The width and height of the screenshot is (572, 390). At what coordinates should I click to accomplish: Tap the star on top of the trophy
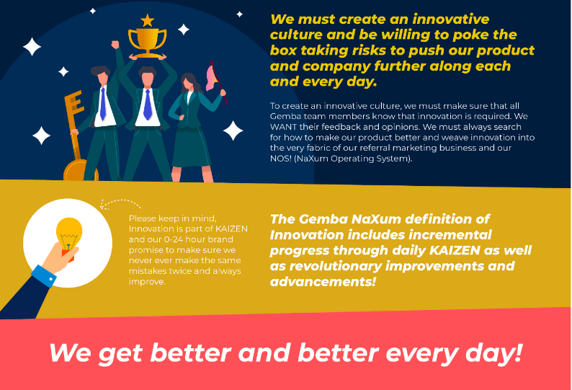(148, 20)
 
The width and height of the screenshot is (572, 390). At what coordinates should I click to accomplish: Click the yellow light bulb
(68, 234)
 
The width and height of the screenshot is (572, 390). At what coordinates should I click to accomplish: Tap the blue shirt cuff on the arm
(44, 276)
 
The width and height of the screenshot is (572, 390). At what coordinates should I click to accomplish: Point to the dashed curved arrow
(120, 204)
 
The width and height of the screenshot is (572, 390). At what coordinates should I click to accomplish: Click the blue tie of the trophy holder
(148, 105)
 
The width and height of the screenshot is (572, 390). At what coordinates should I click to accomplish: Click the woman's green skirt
(191, 147)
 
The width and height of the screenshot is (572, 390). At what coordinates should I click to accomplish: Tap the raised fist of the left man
(115, 45)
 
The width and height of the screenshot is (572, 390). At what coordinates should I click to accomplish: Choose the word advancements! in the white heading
(323, 282)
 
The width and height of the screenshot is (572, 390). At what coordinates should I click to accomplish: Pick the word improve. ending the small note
(147, 283)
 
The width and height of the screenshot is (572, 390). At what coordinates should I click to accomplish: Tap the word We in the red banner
(70, 353)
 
